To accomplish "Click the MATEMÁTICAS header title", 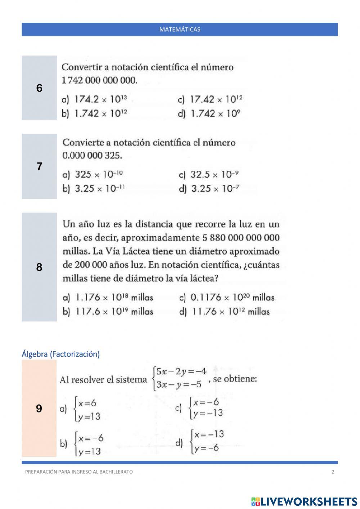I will pyautogui.click(x=180, y=30).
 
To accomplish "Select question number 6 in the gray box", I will pyautogui.click(x=39, y=88).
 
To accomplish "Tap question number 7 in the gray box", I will pyautogui.click(x=39, y=166).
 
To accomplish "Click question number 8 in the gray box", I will pyautogui.click(x=39, y=267).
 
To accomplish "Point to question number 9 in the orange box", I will pyautogui.click(x=39, y=408).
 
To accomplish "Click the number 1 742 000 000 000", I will pyautogui.click(x=100, y=80).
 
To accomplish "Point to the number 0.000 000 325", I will pyautogui.click(x=92, y=156).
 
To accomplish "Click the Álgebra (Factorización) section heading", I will pyautogui.click(x=60, y=354).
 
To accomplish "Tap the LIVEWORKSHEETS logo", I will pyautogui.click(x=304, y=501).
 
